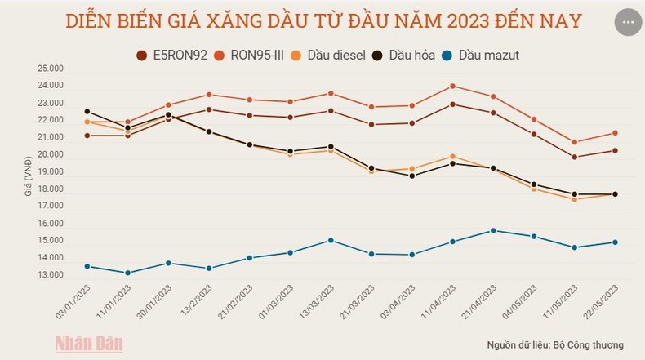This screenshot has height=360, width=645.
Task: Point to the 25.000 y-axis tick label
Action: (x=49, y=69)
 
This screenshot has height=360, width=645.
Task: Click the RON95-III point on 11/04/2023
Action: (x=453, y=86)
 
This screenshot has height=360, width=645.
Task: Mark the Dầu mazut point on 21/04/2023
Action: (x=493, y=230)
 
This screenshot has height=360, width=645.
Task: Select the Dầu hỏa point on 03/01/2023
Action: (x=87, y=111)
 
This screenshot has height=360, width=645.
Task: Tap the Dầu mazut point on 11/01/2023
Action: (x=127, y=273)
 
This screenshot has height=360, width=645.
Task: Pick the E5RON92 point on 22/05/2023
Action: (x=615, y=150)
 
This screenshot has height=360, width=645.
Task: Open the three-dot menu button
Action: (x=627, y=22)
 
